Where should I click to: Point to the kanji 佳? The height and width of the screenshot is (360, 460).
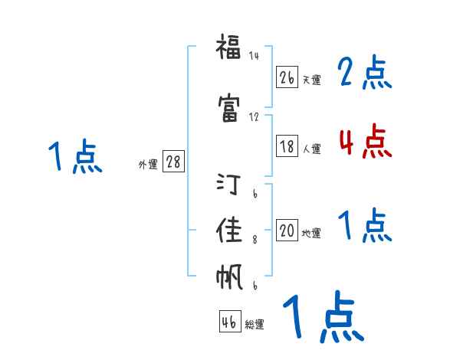(229, 231)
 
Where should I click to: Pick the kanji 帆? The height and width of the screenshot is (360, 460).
(229, 277)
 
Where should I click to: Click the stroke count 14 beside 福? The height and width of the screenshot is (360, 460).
(255, 57)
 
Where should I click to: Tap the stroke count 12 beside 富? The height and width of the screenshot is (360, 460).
(255, 117)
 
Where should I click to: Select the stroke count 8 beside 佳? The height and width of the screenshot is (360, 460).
(254, 241)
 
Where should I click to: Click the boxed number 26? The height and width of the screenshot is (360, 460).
(287, 77)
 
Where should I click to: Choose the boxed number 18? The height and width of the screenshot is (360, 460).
(287, 147)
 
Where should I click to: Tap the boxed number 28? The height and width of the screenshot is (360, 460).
(172, 162)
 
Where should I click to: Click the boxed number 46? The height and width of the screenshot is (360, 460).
(229, 322)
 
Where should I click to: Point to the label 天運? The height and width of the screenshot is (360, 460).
(311, 80)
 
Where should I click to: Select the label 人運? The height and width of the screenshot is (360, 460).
(311, 149)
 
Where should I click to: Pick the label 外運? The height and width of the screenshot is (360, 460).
(148, 164)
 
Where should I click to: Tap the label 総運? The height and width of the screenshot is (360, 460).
(255, 325)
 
